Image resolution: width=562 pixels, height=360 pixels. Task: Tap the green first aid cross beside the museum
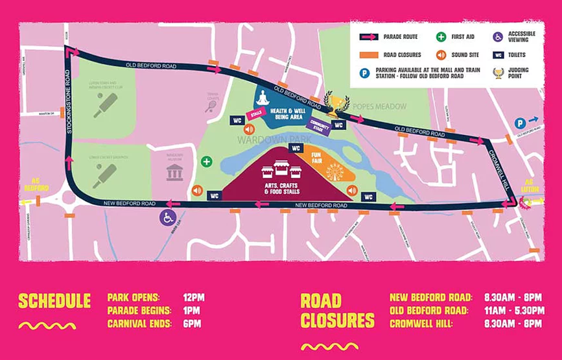click(206, 162)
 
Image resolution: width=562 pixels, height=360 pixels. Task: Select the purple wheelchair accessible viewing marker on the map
click(169, 217)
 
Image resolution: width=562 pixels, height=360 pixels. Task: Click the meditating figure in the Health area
click(263, 97)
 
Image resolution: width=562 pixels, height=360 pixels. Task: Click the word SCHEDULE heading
click(54, 301)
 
